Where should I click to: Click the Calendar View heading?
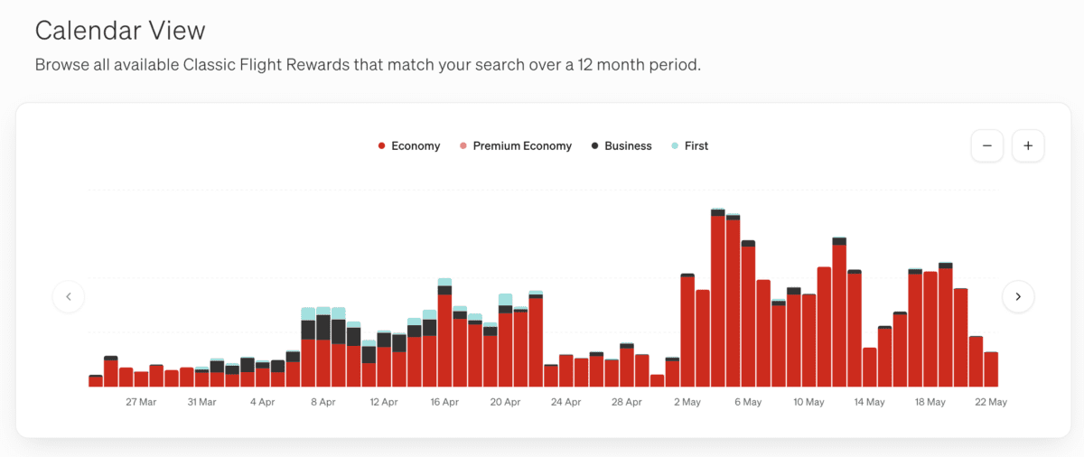[x=120, y=31]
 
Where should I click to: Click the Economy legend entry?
[x=409, y=146]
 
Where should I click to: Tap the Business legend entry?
[x=621, y=146]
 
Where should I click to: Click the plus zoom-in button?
[x=1028, y=146]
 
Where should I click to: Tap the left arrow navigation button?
[x=69, y=296]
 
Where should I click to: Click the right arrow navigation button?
[x=1018, y=296]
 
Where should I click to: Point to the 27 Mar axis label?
[x=141, y=402]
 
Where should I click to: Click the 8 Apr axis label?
[x=322, y=402]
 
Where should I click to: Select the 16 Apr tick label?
[x=444, y=402]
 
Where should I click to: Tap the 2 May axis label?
[x=687, y=402]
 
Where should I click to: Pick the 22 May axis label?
[x=991, y=402]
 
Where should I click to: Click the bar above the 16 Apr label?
[x=444, y=334]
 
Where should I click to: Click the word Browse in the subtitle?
[x=61, y=66]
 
